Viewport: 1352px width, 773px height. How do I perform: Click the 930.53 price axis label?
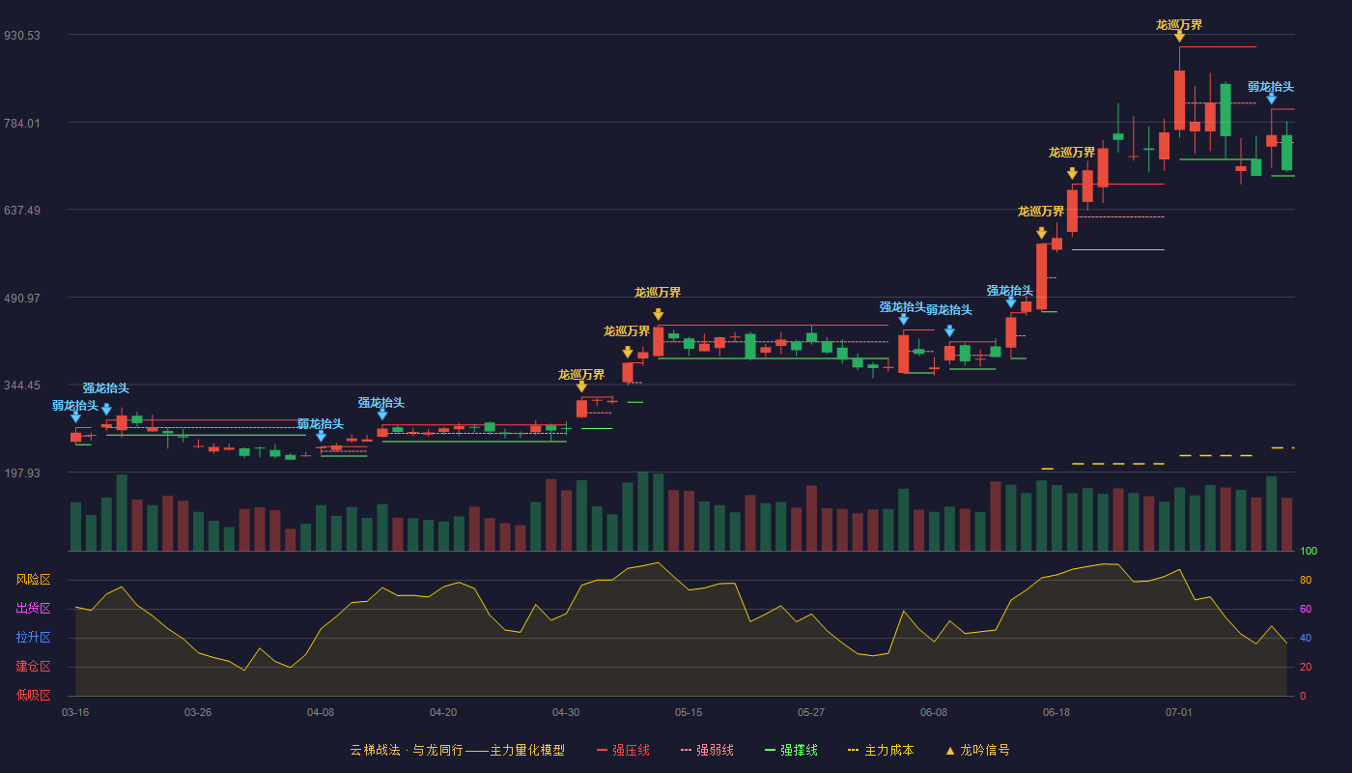pos(21,35)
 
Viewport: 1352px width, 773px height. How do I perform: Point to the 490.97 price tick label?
pos(21,299)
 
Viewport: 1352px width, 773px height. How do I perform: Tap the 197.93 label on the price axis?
pos(21,472)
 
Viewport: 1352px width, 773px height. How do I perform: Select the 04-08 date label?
pos(321,713)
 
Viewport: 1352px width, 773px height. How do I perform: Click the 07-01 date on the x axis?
pos(1179,713)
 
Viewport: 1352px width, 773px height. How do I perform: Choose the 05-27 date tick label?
pos(810,713)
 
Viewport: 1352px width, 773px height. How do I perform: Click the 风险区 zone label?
pos(33,580)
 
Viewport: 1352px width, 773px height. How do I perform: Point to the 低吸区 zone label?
pos(33,695)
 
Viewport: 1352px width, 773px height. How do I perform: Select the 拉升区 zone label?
pos(33,637)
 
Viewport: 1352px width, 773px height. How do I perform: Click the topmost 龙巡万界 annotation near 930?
pos(1179,25)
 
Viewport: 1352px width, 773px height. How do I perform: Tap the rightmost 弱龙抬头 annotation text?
pos(1271,86)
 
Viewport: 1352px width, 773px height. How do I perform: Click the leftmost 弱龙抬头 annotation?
pos(75,405)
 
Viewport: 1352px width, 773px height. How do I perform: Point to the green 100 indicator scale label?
pos(1309,551)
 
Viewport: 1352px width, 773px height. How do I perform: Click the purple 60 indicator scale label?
pos(1306,609)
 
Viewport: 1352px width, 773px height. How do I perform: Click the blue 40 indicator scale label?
pos(1306,638)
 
